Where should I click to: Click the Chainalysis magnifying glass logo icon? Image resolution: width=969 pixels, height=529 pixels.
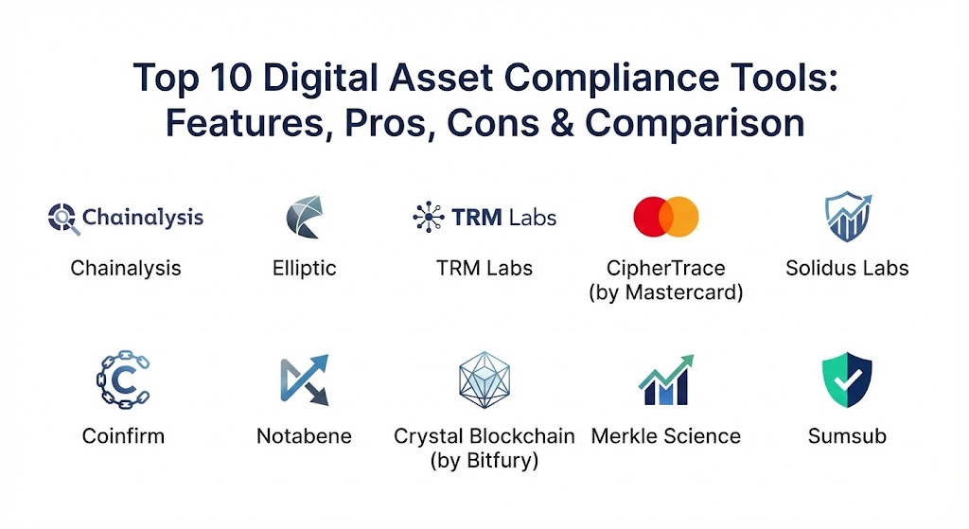63,219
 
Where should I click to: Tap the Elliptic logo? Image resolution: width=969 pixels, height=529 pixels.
305,217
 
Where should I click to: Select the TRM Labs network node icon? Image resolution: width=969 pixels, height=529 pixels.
429,217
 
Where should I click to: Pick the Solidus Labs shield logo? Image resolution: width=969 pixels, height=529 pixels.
848,217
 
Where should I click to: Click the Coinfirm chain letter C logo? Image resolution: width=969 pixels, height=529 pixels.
124,379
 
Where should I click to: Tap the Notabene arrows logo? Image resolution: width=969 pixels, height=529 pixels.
305,379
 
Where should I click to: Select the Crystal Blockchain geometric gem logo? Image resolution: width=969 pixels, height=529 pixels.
484,380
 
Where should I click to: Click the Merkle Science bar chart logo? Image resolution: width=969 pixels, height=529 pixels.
666,380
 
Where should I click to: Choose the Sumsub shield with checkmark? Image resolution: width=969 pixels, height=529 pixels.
847,379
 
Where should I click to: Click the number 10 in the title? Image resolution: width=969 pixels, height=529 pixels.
231,79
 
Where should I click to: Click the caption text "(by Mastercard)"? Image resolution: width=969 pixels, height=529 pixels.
666,291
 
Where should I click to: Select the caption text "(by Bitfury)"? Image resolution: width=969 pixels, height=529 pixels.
484,461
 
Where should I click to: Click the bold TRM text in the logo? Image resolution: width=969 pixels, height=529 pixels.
477,218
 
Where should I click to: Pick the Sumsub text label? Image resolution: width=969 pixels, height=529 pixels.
847,436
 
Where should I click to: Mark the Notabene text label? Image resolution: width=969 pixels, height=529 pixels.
304,436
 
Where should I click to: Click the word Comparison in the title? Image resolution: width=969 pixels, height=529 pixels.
695,124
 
